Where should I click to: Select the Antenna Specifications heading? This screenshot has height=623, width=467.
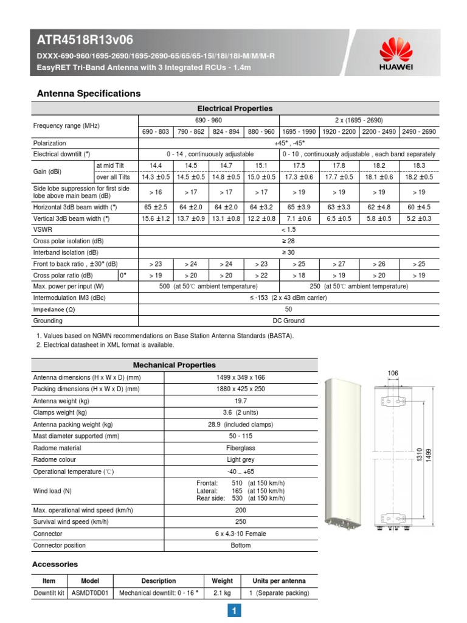click(89, 94)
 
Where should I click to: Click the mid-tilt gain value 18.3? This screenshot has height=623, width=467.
click(419, 165)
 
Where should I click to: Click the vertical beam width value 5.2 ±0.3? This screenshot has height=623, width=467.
click(419, 218)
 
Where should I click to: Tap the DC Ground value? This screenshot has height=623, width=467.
click(289, 321)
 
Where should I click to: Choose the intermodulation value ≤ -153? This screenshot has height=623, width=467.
click(289, 298)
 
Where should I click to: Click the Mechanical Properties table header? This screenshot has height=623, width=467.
click(174, 365)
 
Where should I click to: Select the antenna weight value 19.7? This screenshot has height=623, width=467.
click(240, 401)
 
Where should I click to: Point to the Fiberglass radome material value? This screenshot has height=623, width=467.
click(240, 448)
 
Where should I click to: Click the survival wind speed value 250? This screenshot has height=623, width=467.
click(240, 521)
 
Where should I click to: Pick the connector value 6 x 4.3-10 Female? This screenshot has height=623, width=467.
click(240, 534)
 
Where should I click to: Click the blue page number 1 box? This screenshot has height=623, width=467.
click(233, 611)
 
